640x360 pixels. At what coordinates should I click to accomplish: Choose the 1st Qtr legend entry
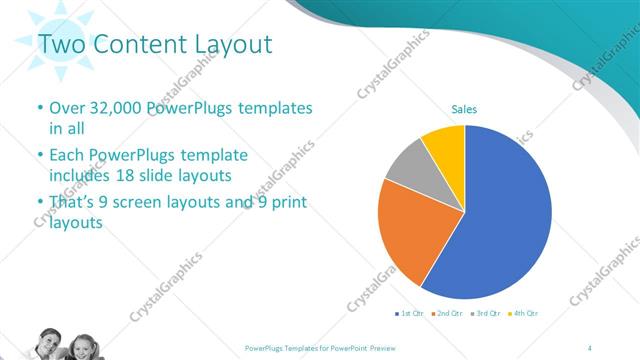[x=410, y=313]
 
